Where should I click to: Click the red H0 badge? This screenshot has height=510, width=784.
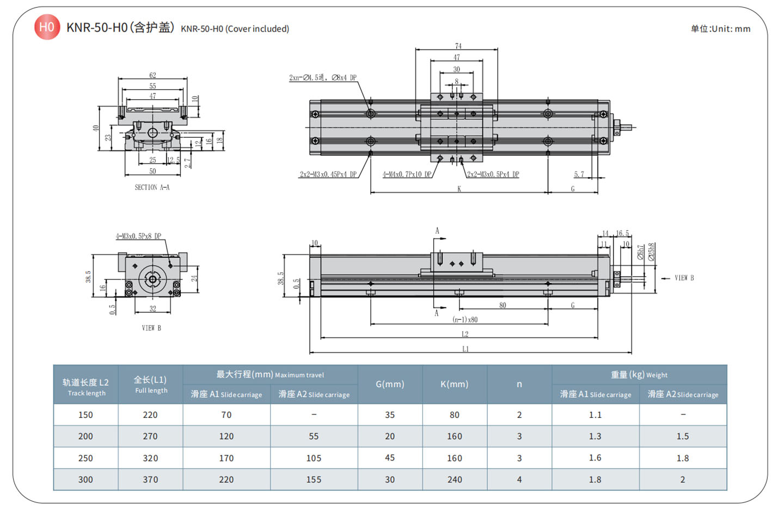click(x=47, y=27)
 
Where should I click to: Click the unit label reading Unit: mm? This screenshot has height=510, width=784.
click(x=720, y=29)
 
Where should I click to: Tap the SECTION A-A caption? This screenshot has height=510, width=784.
click(x=152, y=187)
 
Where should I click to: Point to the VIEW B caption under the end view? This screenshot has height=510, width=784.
click(x=151, y=328)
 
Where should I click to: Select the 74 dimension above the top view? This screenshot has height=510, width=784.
click(x=458, y=46)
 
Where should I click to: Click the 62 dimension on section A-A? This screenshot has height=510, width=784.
click(x=152, y=75)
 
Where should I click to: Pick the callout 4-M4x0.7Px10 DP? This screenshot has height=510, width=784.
click(x=407, y=175)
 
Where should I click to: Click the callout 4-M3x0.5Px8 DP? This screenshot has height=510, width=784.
click(x=138, y=236)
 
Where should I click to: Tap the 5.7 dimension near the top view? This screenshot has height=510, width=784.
click(x=579, y=174)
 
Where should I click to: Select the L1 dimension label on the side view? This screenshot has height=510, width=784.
click(x=465, y=349)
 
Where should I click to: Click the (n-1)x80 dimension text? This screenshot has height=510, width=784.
click(x=465, y=320)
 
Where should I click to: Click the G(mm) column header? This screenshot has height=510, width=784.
click(x=390, y=384)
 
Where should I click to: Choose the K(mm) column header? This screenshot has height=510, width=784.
click(x=454, y=384)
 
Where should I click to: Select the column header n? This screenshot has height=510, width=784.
click(x=519, y=384)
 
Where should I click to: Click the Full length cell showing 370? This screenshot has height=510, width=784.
click(x=150, y=479)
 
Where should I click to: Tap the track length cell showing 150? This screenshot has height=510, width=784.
click(x=85, y=415)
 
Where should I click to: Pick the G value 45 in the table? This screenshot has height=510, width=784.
click(x=390, y=458)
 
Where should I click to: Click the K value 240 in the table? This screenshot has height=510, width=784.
click(x=455, y=479)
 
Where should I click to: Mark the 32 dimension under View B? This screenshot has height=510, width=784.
click(x=152, y=309)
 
